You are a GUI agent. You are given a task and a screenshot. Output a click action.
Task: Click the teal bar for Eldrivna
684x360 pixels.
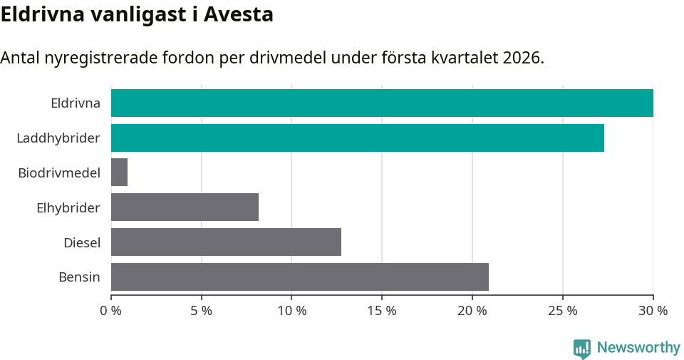(382, 103)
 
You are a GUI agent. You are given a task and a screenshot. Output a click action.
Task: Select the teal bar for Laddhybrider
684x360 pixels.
(358, 138)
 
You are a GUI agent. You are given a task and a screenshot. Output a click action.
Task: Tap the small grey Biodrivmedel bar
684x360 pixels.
(119, 173)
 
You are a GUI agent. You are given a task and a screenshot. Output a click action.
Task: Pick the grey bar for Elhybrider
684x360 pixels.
(185, 207)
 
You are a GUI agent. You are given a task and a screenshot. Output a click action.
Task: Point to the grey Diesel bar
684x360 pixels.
(226, 242)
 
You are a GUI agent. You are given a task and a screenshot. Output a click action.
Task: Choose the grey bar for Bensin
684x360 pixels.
(300, 277)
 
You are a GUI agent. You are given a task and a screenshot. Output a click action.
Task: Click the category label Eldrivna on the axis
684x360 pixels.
(75, 103)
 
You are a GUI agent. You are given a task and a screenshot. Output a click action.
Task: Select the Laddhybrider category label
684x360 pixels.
(58, 138)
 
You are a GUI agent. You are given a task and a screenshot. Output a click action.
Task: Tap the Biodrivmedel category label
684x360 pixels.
(59, 173)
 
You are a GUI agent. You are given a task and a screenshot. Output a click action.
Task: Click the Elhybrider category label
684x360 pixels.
(68, 207)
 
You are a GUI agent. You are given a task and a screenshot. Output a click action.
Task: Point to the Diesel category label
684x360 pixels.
(82, 242)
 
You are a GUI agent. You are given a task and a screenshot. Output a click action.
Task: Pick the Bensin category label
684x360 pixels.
(79, 277)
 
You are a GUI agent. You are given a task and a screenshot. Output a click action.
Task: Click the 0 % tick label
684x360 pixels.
(111, 311)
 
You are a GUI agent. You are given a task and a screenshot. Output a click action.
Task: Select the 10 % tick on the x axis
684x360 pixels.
(291, 311)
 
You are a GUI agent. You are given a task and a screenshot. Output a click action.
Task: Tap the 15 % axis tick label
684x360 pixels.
(382, 311)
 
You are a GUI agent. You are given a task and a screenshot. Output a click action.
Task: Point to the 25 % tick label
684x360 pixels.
(562, 311)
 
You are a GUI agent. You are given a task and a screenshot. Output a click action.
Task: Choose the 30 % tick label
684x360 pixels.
(653, 311)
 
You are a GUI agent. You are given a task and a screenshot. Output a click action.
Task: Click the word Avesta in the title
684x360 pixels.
(239, 14)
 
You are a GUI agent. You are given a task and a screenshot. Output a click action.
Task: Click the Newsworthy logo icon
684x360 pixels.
(582, 348)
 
